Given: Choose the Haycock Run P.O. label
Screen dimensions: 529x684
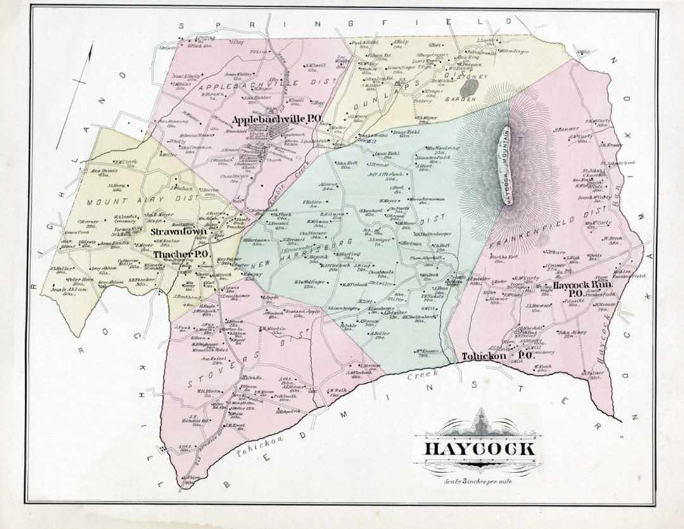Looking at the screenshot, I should [581, 289].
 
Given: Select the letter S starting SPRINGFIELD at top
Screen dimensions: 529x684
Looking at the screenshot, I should [184, 25].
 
